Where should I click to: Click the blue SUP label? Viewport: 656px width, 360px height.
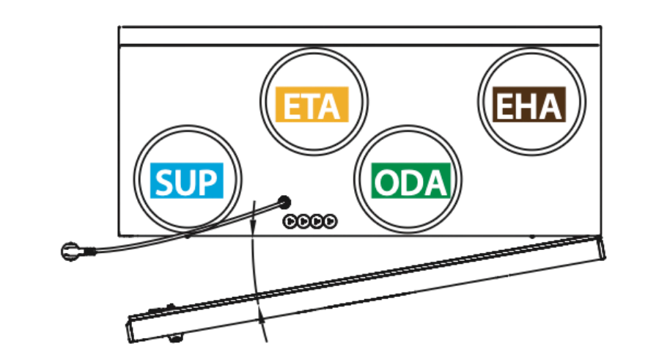(x=187, y=180)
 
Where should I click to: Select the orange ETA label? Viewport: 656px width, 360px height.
(x=312, y=104)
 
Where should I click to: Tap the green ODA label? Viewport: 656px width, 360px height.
(x=411, y=180)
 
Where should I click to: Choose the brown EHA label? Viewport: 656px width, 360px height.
(x=529, y=104)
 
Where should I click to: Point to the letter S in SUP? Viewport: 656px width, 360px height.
(x=164, y=182)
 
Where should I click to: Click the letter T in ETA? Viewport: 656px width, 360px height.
(x=312, y=106)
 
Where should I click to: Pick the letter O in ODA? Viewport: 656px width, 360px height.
(x=387, y=183)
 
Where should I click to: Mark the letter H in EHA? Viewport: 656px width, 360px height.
(x=528, y=106)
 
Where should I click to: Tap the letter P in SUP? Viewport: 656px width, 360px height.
(x=208, y=182)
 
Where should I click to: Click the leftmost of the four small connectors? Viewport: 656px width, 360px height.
(x=290, y=221)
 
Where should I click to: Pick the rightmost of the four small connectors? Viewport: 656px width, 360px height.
(x=330, y=221)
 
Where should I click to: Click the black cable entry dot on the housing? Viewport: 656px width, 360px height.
(x=284, y=202)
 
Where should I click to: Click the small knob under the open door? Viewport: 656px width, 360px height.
(x=176, y=337)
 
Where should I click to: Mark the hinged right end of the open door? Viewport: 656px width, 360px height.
(x=601, y=247)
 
